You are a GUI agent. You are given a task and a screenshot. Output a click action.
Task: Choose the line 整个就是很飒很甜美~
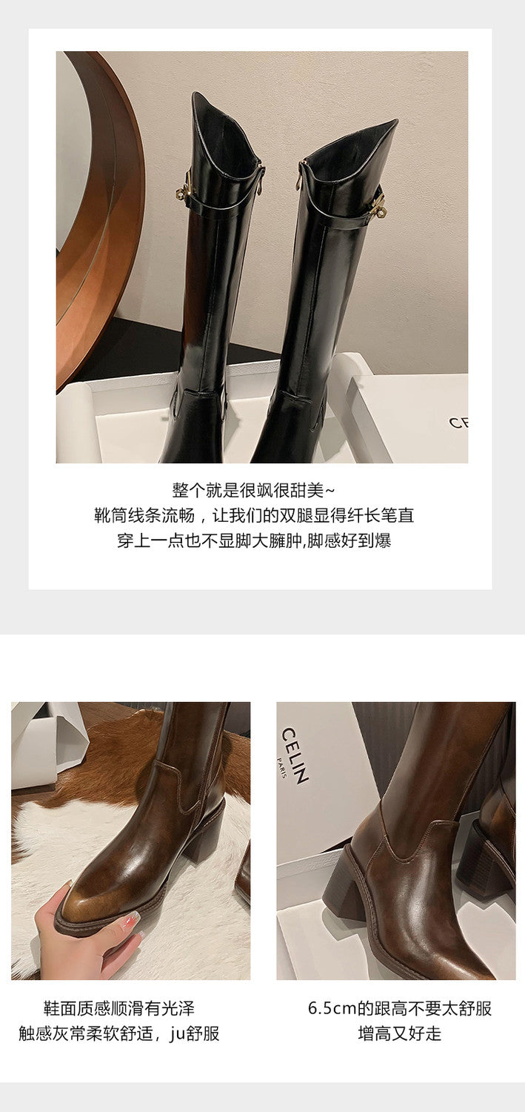pos(253,491)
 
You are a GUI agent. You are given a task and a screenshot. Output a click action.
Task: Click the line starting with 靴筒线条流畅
pos(254,515)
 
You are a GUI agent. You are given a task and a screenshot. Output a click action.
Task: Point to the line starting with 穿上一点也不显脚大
pos(254,540)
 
